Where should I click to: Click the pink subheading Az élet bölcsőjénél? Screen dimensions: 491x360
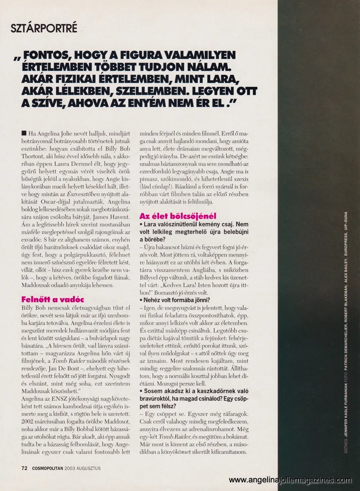[178, 216]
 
